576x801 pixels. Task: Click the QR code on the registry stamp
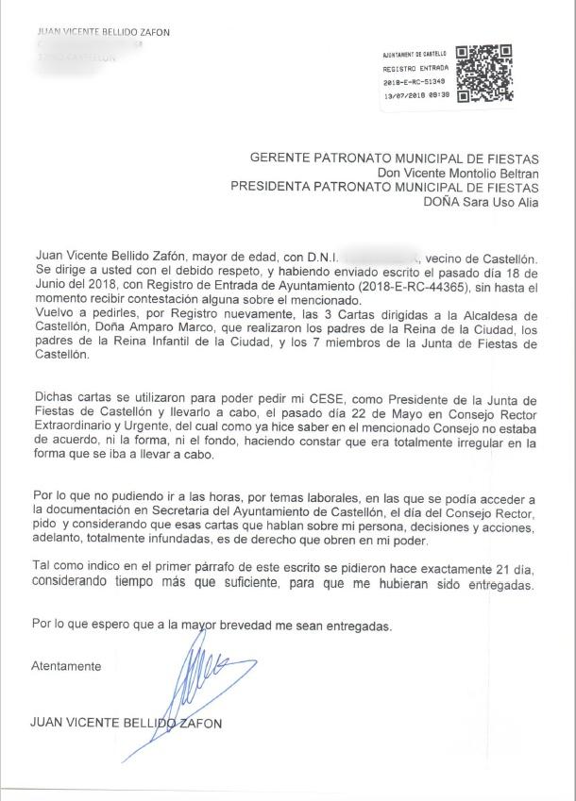tap(483, 75)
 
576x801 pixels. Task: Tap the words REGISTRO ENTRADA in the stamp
tap(409, 69)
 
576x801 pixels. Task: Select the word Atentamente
tap(66, 666)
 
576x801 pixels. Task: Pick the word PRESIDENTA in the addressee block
tap(273, 187)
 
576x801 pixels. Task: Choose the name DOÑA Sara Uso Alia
tap(482, 201)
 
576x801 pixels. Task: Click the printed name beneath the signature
tap(126, 724)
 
